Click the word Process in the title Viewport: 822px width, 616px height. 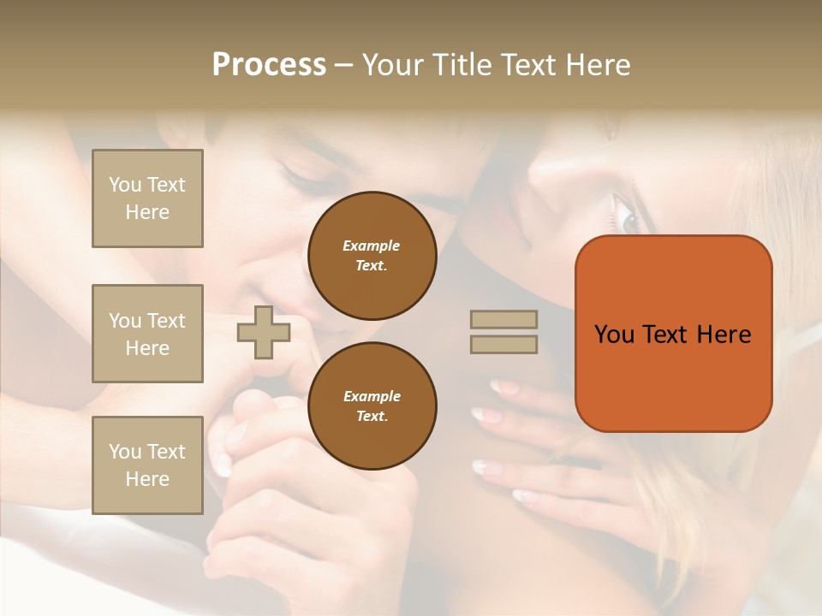(x=269, y=65)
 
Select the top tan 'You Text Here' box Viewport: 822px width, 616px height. (x=147, y=198)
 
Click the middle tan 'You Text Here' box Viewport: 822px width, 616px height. (x=147, y=334)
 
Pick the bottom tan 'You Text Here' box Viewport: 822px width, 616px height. (x=147, y=465)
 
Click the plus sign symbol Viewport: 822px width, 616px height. (x=263, y=333)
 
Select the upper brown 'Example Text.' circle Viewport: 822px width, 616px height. (x=372, y=256)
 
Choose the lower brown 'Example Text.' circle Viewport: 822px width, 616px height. (x=372, y=406)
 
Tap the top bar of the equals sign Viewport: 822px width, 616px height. (x=503, y=320)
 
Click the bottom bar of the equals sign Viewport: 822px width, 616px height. (x=503, y=344)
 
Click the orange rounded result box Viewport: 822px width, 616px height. (x=673, y=334)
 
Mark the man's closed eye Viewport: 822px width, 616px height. (x=300, y=176)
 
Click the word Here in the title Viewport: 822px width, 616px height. (x=599, y=65)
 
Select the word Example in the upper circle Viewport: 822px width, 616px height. (x=372, y=246)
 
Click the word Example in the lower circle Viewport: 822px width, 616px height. (x=372, y=396)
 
